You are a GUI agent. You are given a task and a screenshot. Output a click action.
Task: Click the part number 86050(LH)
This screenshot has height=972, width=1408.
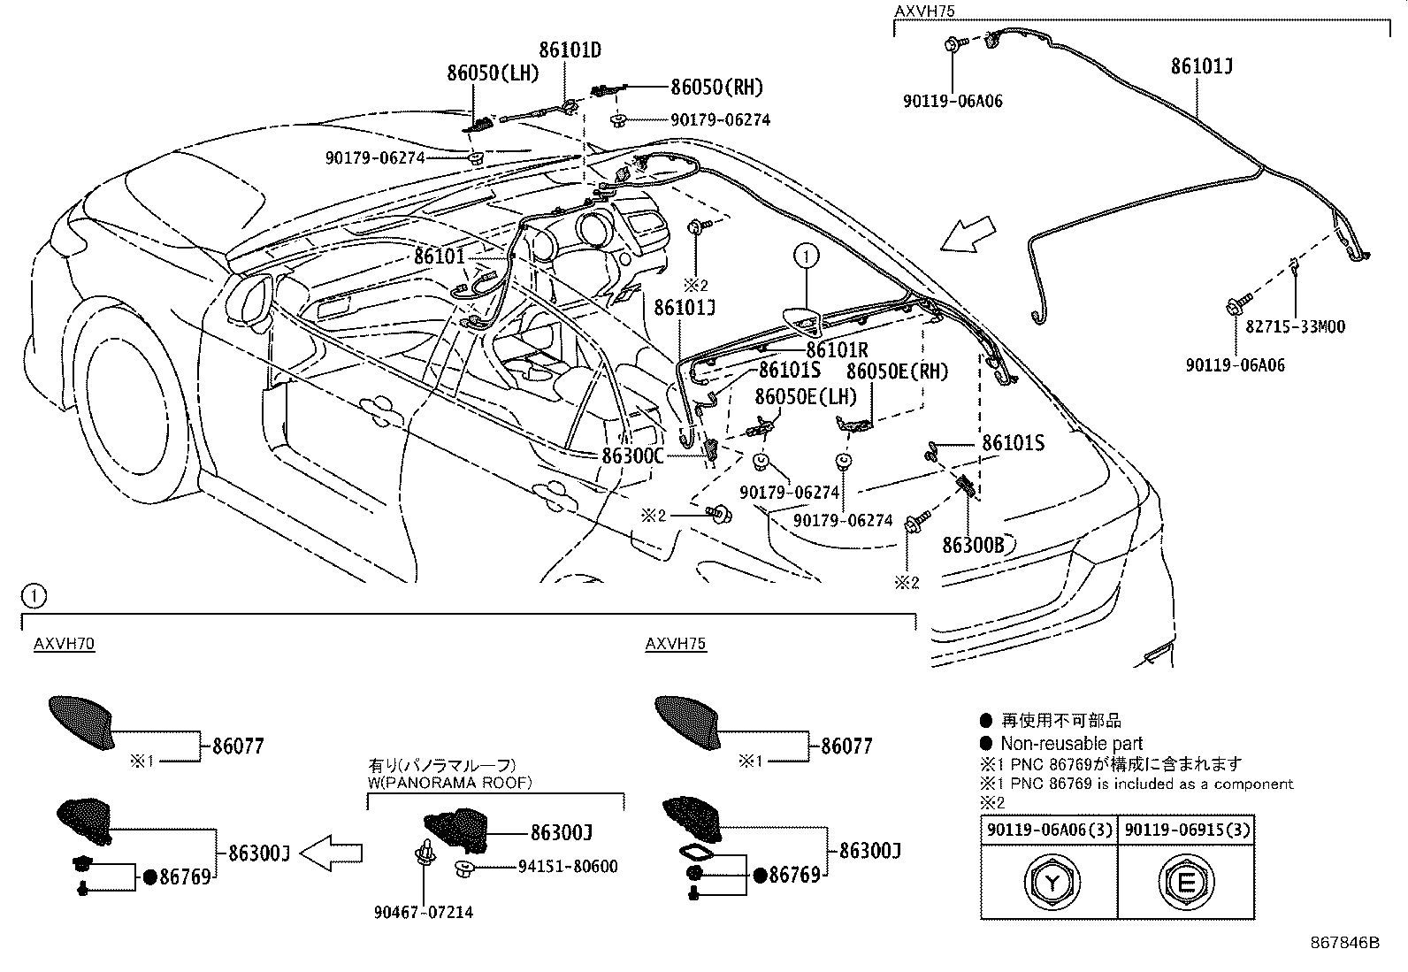click(493, 73)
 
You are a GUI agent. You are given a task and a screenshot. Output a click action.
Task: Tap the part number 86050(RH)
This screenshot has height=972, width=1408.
click(716, 87)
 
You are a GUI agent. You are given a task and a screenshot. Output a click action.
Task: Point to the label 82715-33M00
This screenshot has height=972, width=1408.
click(1295, 326)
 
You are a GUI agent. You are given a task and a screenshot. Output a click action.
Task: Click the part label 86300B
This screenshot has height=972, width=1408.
click(973, 545)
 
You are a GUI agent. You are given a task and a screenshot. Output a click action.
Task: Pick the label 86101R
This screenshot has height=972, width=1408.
click(837, 350)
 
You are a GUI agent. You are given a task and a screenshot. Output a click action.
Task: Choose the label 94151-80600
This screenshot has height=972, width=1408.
click(567, 867)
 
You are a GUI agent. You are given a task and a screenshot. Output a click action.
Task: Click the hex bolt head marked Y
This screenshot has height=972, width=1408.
click(1050, 882)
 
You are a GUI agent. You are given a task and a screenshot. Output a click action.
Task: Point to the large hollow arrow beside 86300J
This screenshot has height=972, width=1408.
click(332, 853)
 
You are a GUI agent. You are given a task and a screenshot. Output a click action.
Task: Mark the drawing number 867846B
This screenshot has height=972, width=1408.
click(1344, 943)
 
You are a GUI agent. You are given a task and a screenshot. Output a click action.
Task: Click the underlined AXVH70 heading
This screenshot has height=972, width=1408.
click(64, 644)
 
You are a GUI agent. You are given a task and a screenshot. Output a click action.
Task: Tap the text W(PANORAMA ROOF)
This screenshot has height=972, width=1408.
click(450, 782)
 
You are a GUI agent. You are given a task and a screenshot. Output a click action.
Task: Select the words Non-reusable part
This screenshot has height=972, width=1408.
click(1071, 744)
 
